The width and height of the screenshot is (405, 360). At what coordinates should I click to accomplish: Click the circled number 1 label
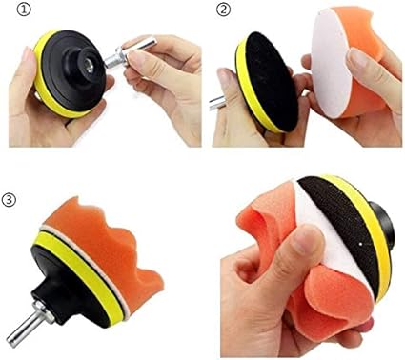coord(24,10)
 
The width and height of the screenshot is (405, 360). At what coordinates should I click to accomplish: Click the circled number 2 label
coord(223,10)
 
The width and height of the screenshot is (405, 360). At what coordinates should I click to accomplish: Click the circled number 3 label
coord(9,200)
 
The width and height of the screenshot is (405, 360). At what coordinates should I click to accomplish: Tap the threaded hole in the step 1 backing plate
coord(90,68)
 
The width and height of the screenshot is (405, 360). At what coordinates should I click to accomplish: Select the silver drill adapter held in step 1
coord(130,52)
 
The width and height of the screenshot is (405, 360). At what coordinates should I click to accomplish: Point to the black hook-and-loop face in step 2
coord(271,82)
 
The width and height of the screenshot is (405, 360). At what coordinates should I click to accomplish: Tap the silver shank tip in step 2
coord(217,103)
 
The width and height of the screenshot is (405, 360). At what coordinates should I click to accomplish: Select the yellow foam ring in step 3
coord(80,272)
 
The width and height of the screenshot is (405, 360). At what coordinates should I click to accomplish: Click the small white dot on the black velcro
coord(361,245)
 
